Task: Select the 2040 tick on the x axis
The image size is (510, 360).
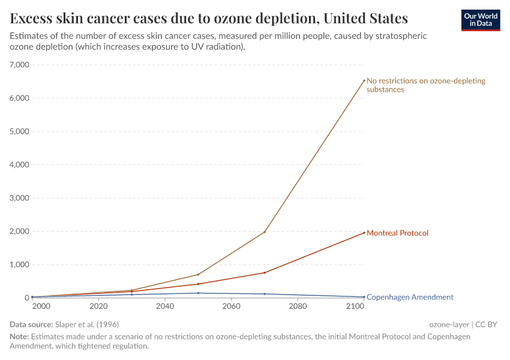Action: pos(165,307)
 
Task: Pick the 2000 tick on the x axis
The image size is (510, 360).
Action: pos(41,307)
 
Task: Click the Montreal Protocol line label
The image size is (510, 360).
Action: pos(397,233)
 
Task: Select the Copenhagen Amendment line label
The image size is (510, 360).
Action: pos(410,297)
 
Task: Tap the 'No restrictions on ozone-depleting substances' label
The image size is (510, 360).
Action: pos(425,85)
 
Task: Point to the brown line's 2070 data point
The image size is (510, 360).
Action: pos(265,232)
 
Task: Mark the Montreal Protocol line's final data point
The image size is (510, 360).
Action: pos(364,233)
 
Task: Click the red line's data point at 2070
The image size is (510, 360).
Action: pos(265,272)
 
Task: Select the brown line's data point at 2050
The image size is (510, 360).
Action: pos(198,274)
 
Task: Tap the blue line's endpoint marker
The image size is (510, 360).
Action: pos(364,297)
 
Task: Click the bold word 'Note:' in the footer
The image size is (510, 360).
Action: pos(20,337)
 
